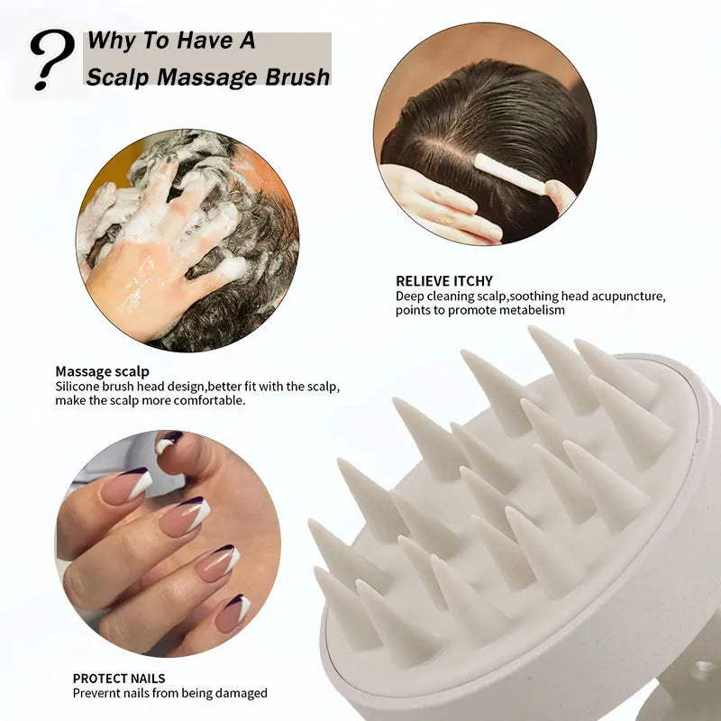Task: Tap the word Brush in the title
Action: (x=294, y=77)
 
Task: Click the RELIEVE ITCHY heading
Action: (x=443, y=281)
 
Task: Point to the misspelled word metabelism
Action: (x=534, y=310)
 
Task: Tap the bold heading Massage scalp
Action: (x=102, y=370)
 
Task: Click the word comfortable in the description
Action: (x=209, y=400)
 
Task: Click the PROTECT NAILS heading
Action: (x=119, y=678)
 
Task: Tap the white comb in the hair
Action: (x=509, y=173)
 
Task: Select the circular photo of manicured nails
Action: (x=167, y=542)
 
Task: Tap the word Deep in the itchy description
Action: (x=410, y=296)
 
